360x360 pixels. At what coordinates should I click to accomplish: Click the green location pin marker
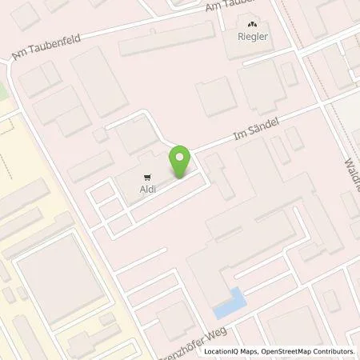click(181, 162)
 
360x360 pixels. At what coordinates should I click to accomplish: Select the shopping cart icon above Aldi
click(146, 177)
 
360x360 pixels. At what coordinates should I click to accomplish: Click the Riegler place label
click(253, 35)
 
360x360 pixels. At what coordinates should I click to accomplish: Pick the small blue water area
click(229, 302)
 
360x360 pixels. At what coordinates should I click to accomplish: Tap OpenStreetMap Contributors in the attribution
click(308, 351)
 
